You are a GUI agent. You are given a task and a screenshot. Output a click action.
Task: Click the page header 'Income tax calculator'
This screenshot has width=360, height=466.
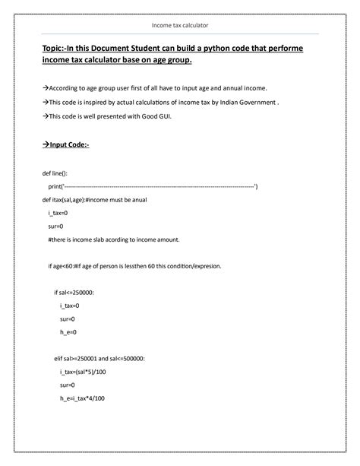coord(180,27)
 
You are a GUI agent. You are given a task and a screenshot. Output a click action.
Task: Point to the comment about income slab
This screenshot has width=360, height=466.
coord(113,240)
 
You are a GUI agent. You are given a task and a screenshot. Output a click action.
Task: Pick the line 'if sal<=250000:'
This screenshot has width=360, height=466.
coord(74,293)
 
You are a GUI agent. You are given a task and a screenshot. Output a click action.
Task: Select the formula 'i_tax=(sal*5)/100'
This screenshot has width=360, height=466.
coord(82,372)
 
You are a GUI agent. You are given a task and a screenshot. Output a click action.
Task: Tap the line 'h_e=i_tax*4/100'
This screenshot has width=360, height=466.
coord(81,399)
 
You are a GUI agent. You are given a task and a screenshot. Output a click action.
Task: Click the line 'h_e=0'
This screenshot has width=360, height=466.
coord(68,333)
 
